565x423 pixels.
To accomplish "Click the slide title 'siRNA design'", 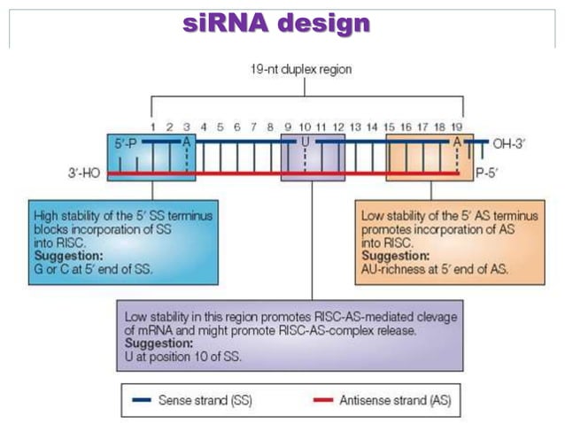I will click(x=275, y=24).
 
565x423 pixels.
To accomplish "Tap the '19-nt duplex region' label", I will click(x=304, y=71).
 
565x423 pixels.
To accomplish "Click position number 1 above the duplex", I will click(x=151, y=127).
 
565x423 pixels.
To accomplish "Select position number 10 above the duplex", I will click(x=305, y=127).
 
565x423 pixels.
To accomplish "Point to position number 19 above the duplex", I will click(x=456, y=127).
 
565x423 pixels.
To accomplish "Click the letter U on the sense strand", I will click(x=305, y=142).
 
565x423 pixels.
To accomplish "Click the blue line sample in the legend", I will click(x=139, y=400).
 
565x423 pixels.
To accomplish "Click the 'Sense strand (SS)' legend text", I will click(x=204, y=400).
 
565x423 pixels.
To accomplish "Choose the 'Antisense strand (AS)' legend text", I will click(x=395, y=400).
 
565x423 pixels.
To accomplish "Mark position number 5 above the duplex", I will click(x=221, y=127).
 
